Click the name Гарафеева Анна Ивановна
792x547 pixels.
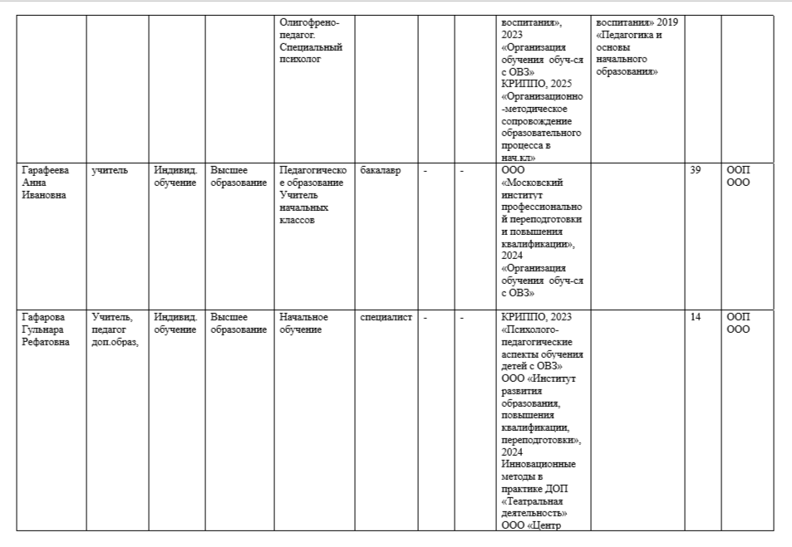coord(46,182)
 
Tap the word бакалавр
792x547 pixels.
coord(381,170)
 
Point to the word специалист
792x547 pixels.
coord(386,317)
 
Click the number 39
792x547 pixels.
coord(696,170)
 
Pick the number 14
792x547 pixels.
coord(696,317)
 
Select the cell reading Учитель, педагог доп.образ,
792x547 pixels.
coord(115,330)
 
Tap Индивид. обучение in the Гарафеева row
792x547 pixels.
coord(175,176)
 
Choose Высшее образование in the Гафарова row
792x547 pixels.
coord(238,323)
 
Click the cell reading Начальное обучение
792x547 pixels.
coord(303,323)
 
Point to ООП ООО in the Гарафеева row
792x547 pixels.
coord(738,176)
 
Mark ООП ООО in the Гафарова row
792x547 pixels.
coord(738,323)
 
